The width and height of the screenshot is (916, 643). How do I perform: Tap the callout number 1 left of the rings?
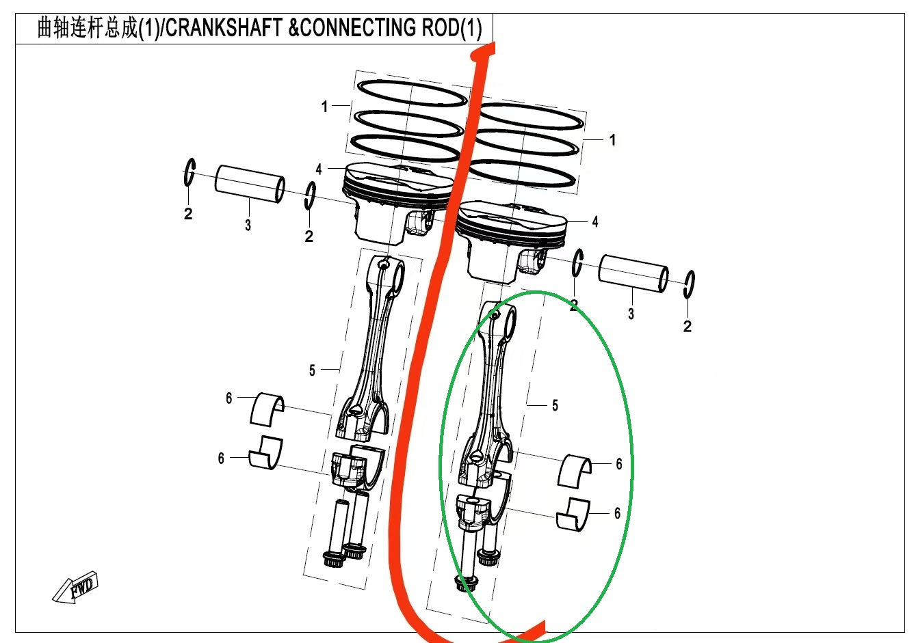[x=325, y=106]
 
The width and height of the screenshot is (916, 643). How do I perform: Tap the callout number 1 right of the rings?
[x=612, y=139]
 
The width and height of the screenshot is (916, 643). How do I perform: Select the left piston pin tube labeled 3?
[x=250, y=184]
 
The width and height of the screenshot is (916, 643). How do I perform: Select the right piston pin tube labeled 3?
[x=633, y=273]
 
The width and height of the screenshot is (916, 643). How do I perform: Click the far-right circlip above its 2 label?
[x=690, y=284]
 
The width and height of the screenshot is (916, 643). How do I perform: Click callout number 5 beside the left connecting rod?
[x=312, y=370]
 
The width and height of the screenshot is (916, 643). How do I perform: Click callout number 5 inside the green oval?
[x=555, y=405]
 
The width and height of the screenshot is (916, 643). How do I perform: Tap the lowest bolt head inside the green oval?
[x=466, y=583]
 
